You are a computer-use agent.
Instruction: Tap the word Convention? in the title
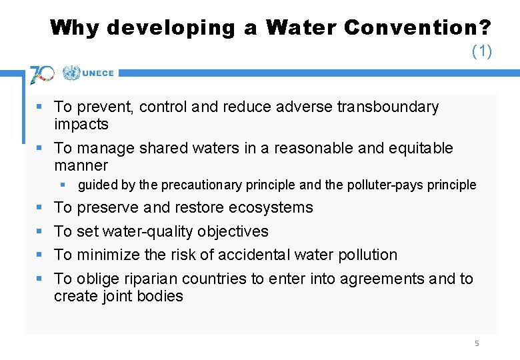click(x=419, y=27)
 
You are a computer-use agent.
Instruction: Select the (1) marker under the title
click(x=481, y=51)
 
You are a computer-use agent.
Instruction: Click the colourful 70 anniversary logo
click(x=42, y=74)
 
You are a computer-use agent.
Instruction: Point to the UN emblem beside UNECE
click(x=71, y=73)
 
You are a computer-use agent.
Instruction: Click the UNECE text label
click(x=99, y=73)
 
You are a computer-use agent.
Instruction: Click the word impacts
click(x=81, y=124)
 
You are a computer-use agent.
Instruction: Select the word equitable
click(x=419, y=148)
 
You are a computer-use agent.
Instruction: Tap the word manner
click(x=81, y=165)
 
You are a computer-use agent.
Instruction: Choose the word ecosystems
click(x=271, y=207)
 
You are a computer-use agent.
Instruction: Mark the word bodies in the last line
click(x=163, y=296)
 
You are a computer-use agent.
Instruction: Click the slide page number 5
click(x=477, y=343)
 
